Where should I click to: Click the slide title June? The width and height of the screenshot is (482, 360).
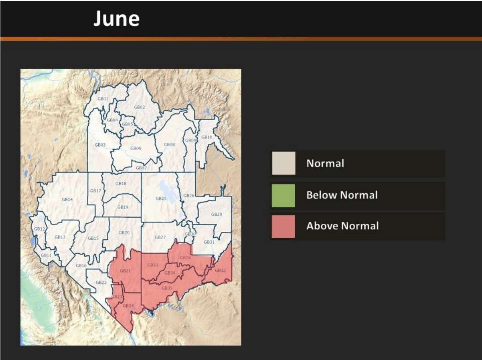pos(116,19)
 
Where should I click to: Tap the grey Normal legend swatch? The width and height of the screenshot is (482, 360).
pos(284,163)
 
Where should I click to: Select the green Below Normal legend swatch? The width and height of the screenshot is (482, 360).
pos(283,195)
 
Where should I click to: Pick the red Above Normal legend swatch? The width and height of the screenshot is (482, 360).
pos(283,226)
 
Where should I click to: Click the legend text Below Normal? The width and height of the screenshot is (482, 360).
pos(342,195)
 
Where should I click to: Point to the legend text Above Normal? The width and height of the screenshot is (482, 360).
pos(342,226)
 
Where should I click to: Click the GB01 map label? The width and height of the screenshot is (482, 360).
pos(103,99)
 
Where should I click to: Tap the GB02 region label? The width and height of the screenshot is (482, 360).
pos(139,107)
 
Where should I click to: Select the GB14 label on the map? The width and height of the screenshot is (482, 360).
pos(67,199)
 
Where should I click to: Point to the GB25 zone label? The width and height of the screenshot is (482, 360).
pos(161,198)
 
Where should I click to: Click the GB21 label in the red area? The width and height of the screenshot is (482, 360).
pos(126,271)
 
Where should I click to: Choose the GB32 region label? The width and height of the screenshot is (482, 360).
pos(220,271)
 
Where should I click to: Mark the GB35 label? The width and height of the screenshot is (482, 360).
pos(167,288)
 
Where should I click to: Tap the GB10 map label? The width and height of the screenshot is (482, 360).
pos(207,137)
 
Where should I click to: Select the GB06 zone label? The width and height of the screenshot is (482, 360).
pos(136,148)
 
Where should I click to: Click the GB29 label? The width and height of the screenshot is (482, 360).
pos(217,214)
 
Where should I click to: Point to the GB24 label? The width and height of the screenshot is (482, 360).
pos(128,305)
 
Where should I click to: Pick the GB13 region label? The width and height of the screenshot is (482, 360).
pos(60,237)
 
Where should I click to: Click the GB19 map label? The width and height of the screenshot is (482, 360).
pos(123,207)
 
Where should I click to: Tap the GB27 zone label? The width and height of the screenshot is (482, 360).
pos(160,238)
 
